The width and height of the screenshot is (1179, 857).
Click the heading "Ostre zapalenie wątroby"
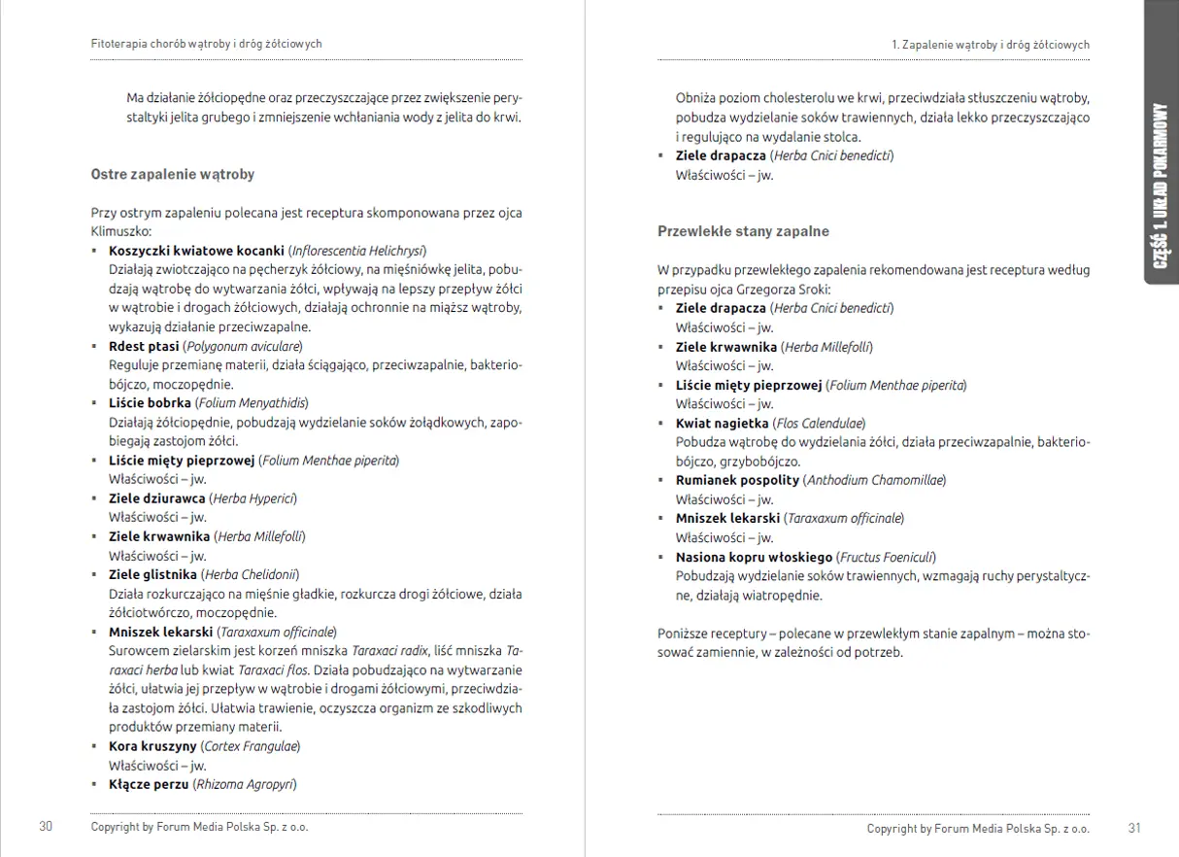click(x=173, y=175)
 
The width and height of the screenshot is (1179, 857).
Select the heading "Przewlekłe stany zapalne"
click(x=743, y=232)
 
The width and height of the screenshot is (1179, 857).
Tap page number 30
click(x=46, y=827)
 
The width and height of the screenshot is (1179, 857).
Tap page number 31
click(x=1134, y=829)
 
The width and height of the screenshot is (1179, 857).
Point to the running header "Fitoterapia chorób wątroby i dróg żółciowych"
click(x=206, y=44)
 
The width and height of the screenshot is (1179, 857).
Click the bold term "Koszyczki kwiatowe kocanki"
click(x=196, y=250)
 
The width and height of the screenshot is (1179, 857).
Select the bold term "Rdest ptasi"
click(x=144, y=346)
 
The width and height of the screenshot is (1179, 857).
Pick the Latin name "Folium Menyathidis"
click(x=252, y=402)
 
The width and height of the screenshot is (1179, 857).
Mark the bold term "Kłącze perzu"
click(x=148, y=784)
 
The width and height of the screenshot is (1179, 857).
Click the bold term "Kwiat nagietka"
click(x=722, y=423)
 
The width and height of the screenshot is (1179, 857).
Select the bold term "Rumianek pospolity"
click(x=737, y=480)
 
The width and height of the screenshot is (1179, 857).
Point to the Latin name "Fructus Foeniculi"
click(x=887, y=557)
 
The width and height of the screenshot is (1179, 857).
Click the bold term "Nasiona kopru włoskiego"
click(x=754, y=557)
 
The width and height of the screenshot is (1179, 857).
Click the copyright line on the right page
click(x=978, y=829)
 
